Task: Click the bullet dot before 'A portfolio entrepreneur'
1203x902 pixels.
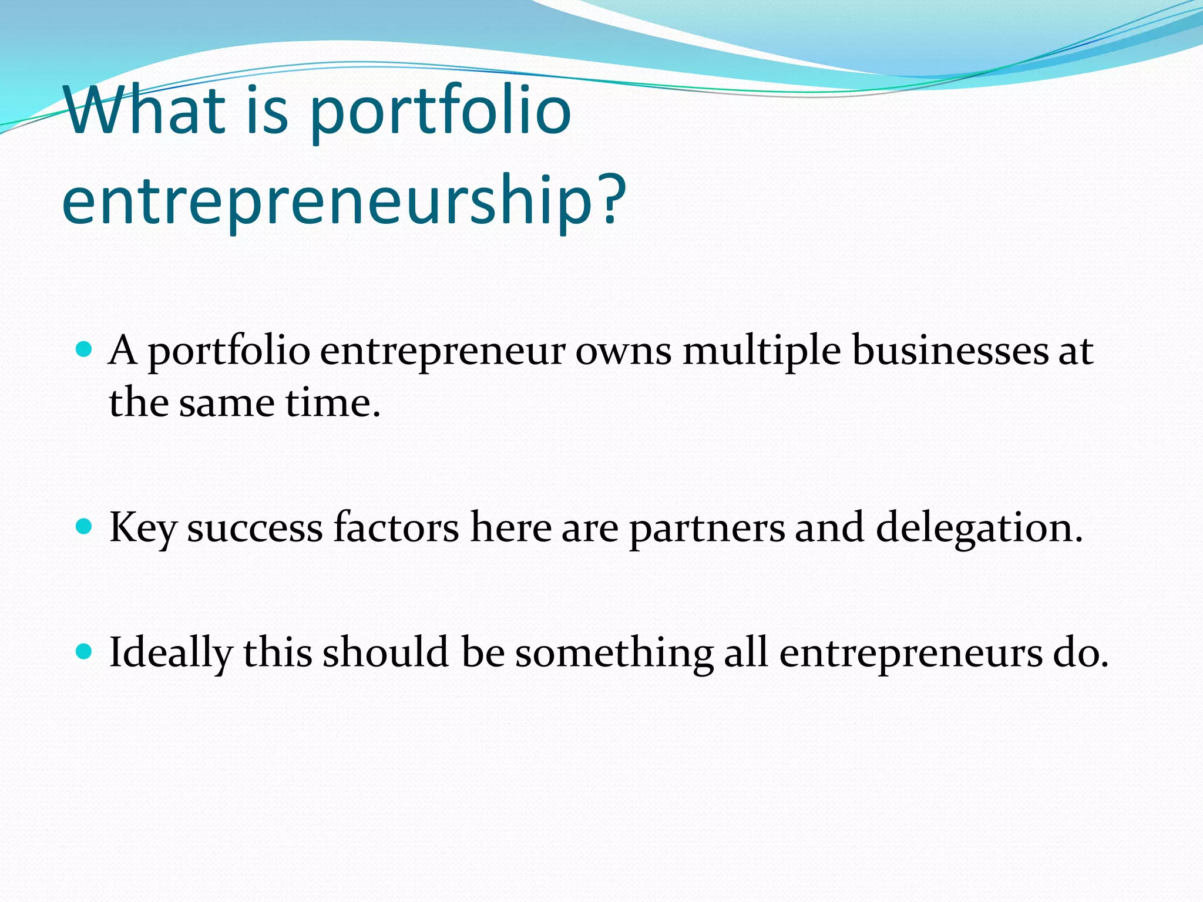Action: (x=85, y=351)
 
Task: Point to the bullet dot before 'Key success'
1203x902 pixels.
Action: (x=85, y=527)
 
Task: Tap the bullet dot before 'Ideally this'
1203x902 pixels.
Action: (x=85, y=652)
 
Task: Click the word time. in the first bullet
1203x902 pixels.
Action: (x=333, y=404)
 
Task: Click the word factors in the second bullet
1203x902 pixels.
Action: (x=396, y=527)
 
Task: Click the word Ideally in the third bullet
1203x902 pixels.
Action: (x=171, y=654)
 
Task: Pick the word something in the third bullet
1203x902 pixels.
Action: (x=614, y=654)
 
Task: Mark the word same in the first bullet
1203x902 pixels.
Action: (x=227, y=404)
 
